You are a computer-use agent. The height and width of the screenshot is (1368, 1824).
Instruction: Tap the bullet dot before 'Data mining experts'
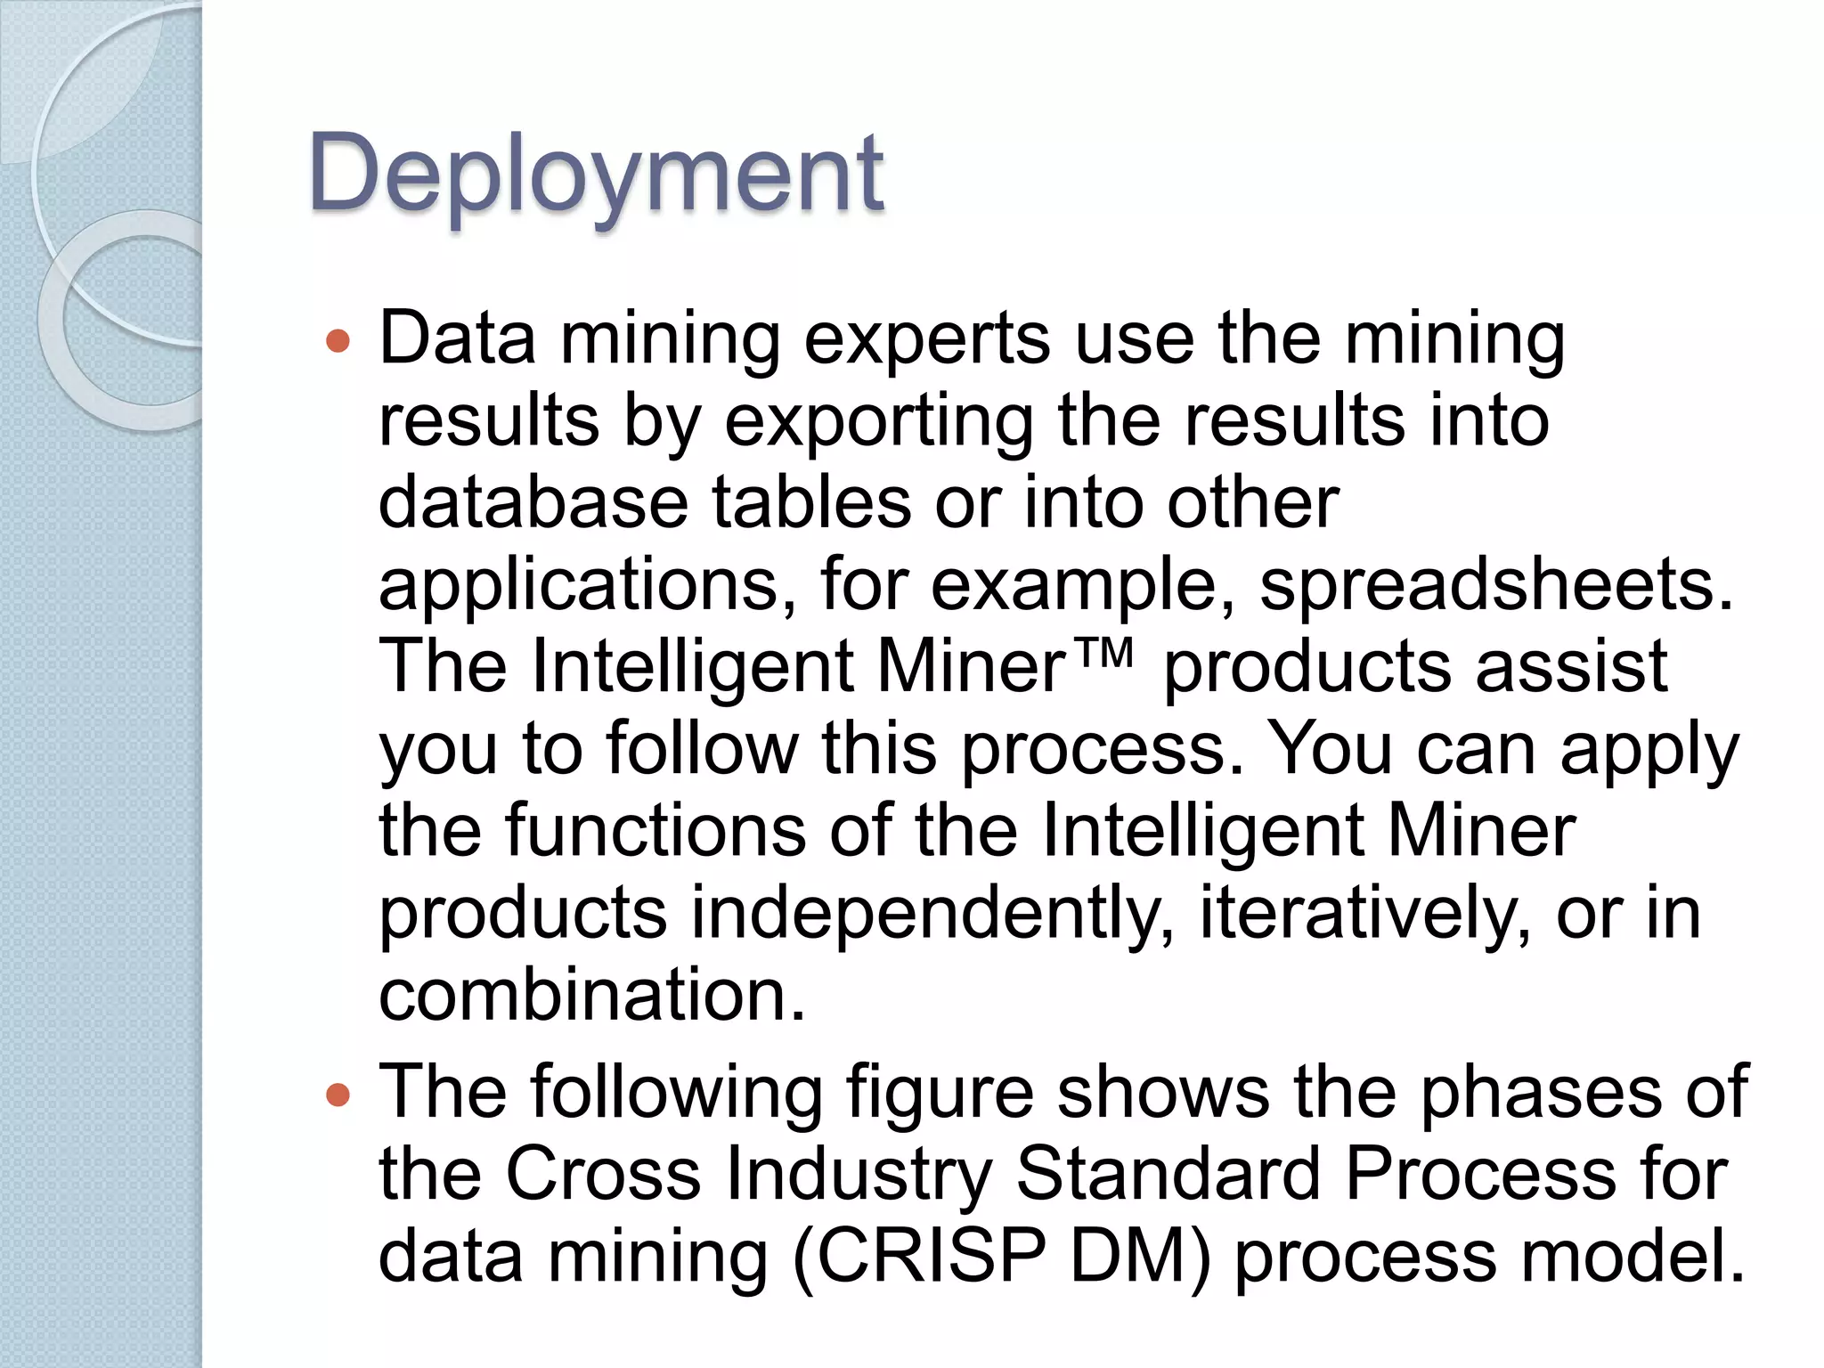tap(338, 341)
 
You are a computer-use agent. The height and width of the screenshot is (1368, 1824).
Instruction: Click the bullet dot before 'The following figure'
tap(338, 1094)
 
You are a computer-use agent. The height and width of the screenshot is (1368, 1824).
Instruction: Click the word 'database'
tap(533, 503)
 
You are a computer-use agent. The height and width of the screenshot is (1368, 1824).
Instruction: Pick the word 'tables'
tap(810, 503)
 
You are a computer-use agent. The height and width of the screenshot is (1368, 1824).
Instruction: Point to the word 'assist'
tap(1571, 667)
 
